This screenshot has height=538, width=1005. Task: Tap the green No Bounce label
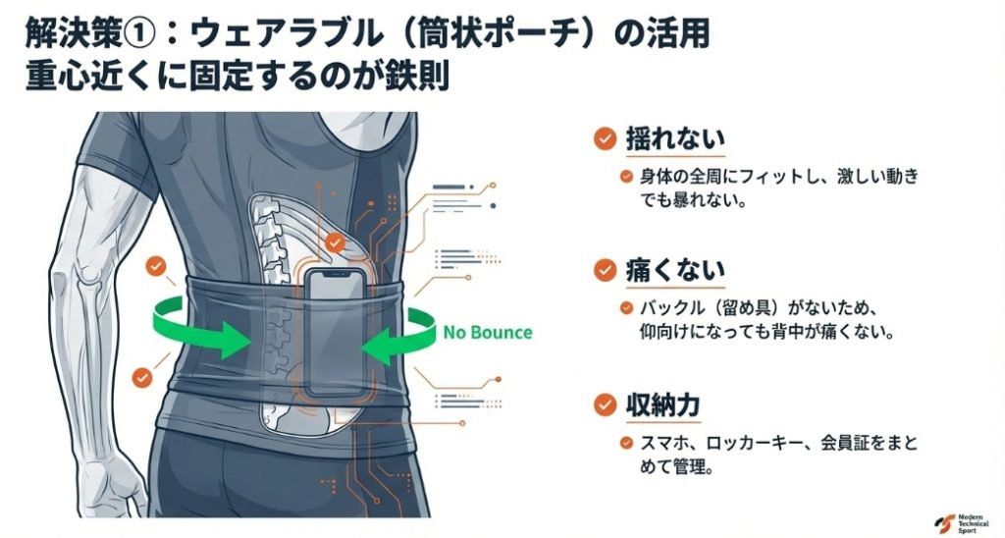point(487,332)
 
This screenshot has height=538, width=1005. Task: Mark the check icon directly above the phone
point(336,242)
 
